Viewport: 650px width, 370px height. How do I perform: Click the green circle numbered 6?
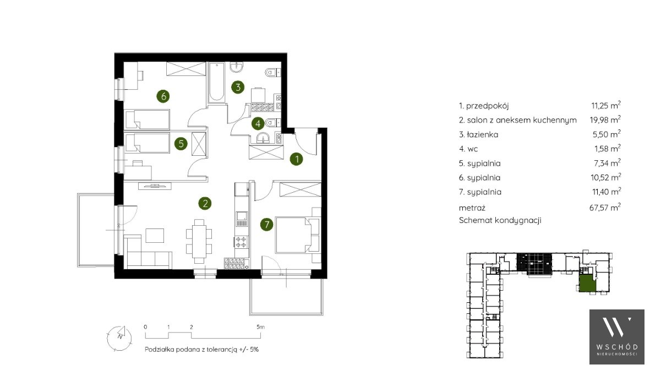[x=163, y=96]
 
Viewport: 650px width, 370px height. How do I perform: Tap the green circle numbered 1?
[x=297, y=159]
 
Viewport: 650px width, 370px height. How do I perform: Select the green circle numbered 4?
[x=258, y=123]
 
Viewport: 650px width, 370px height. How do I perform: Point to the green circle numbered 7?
[x=266, y=225]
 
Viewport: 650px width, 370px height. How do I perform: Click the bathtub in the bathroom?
[x=217, y=83]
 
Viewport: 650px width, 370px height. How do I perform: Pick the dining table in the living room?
[x=199, y=241]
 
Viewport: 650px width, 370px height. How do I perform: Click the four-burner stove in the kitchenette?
[x=241, y=242]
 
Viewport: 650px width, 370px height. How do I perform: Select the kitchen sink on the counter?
[x=242, y=218]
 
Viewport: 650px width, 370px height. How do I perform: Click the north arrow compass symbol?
[x=119, y=337]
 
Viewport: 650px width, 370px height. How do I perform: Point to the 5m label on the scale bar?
[x=260, y=327]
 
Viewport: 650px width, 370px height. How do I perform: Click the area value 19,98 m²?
[x=605, y=119]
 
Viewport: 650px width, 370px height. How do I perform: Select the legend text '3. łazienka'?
[x=478, y=134]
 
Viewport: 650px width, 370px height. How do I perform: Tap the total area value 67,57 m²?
[x=605, y=207]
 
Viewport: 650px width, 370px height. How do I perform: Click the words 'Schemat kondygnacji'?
[x=500, y=220]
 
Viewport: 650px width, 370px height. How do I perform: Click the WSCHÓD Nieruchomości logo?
[x=617, y=336]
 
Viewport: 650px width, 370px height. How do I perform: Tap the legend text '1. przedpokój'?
[x=483, y=106]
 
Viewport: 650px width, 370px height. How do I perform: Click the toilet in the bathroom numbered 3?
[x=272, y=73]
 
